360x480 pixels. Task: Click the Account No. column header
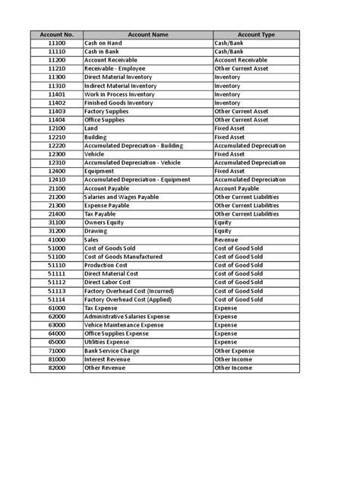(56, 35)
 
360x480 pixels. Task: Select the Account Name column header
(147, 35)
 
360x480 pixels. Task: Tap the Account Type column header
(257, 35)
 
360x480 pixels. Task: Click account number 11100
(56, 43)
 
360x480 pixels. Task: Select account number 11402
(56, 103)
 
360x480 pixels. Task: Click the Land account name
(92, 128)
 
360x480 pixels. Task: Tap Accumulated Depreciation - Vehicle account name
(132, 163)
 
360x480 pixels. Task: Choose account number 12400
(56, 171)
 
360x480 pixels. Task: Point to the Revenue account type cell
(227, 238)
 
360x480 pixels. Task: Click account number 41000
(56, 238)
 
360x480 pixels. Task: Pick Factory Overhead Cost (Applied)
(127, 298)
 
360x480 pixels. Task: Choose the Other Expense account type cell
(236, 351)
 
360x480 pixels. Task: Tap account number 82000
(56, 368)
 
